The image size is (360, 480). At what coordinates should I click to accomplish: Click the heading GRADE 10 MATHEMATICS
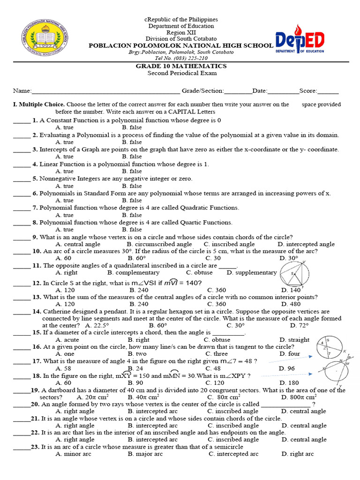coord(181,66)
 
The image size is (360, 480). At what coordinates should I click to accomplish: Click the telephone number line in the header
coord(181,58)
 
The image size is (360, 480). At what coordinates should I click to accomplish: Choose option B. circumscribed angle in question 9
coord(159,244)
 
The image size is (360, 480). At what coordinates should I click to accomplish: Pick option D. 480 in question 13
coord(290,304)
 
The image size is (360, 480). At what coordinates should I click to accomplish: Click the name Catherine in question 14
coord(59,311)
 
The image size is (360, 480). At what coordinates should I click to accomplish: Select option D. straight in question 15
coord(294,340)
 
